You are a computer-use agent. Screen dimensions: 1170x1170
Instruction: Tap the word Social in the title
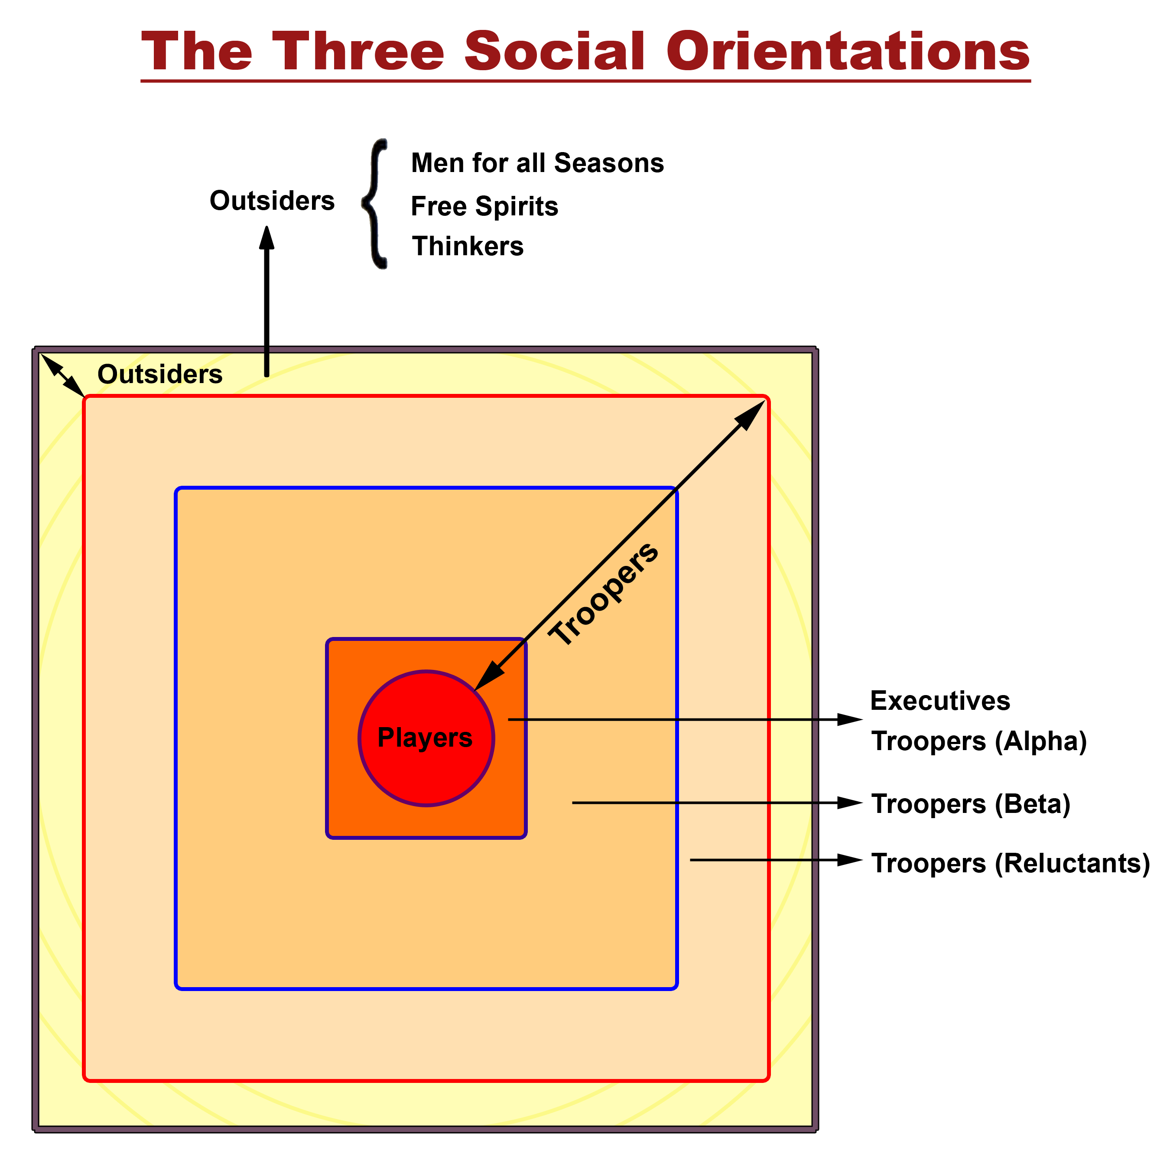pyautogui.click(x=555, y=52)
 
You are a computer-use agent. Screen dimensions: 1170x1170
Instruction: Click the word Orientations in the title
pyautogui.click(x=848, y=52)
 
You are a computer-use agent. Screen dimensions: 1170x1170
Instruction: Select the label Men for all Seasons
pyautogui.click(x=537, y=163)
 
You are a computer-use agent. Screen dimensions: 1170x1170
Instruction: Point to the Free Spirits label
pyautogui.click(x=484, y=207)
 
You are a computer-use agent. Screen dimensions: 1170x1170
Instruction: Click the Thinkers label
pyautogui.click(x=468, y=247)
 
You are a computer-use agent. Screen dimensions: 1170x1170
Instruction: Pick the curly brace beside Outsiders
pyautogui.click(x=375, y=204)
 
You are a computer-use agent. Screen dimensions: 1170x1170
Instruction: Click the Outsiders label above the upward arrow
pyautogui.click(x=272, y=201)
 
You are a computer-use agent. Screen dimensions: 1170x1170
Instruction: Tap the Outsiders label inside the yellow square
pyautogui.click(x=160, y=374)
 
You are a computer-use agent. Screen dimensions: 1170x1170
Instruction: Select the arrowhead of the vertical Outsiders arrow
pyautogui.click(x=266, y=238)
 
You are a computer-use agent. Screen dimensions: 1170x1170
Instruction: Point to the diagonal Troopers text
pyautogui.click(x=603, y=594)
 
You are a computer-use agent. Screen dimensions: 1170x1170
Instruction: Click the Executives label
pyautogui.click(x=940, y=701)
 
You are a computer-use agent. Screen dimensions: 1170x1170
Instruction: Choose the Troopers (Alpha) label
pyautogui.click(x=978, y=741)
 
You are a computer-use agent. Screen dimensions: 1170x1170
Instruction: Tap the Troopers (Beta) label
pyautogui.click(x=971, y=804)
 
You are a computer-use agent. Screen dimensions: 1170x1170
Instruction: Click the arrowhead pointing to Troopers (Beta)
pyautogui.click(x=850, y=803)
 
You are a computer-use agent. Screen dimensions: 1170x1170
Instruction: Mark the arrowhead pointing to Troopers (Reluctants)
pyautogui.click(x=850, y=860)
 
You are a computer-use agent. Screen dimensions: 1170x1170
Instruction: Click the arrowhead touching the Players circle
pyautogui.click(x=489, y=676)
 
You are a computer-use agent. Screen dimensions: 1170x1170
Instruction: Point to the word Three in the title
pyautogui.click(x=358, y=52)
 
